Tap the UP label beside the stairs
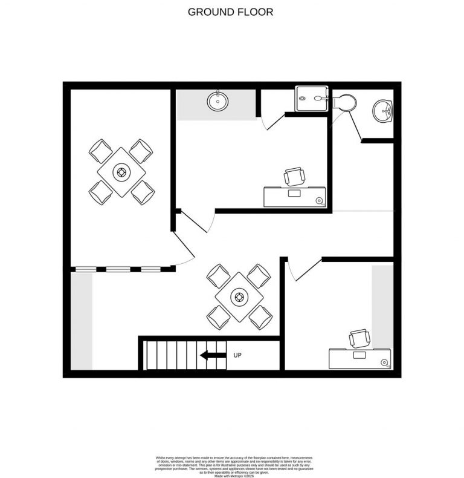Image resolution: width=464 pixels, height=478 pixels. pos(237,355)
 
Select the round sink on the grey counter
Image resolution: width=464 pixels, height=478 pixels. pos(217,100)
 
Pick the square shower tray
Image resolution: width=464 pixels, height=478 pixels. pos(311,99)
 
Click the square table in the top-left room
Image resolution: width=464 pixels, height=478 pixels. pos(121,172)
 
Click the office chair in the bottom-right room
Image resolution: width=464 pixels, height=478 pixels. pos(359,338)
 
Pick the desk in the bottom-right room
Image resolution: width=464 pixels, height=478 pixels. pos(359,358)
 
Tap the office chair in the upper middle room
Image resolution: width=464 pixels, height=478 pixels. pos(295,176)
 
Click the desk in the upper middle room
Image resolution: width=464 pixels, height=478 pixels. pos(295,197)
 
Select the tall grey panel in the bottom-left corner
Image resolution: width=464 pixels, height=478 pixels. pos(82,321)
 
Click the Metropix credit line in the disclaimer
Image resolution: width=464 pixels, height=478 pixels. pos(231,460)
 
